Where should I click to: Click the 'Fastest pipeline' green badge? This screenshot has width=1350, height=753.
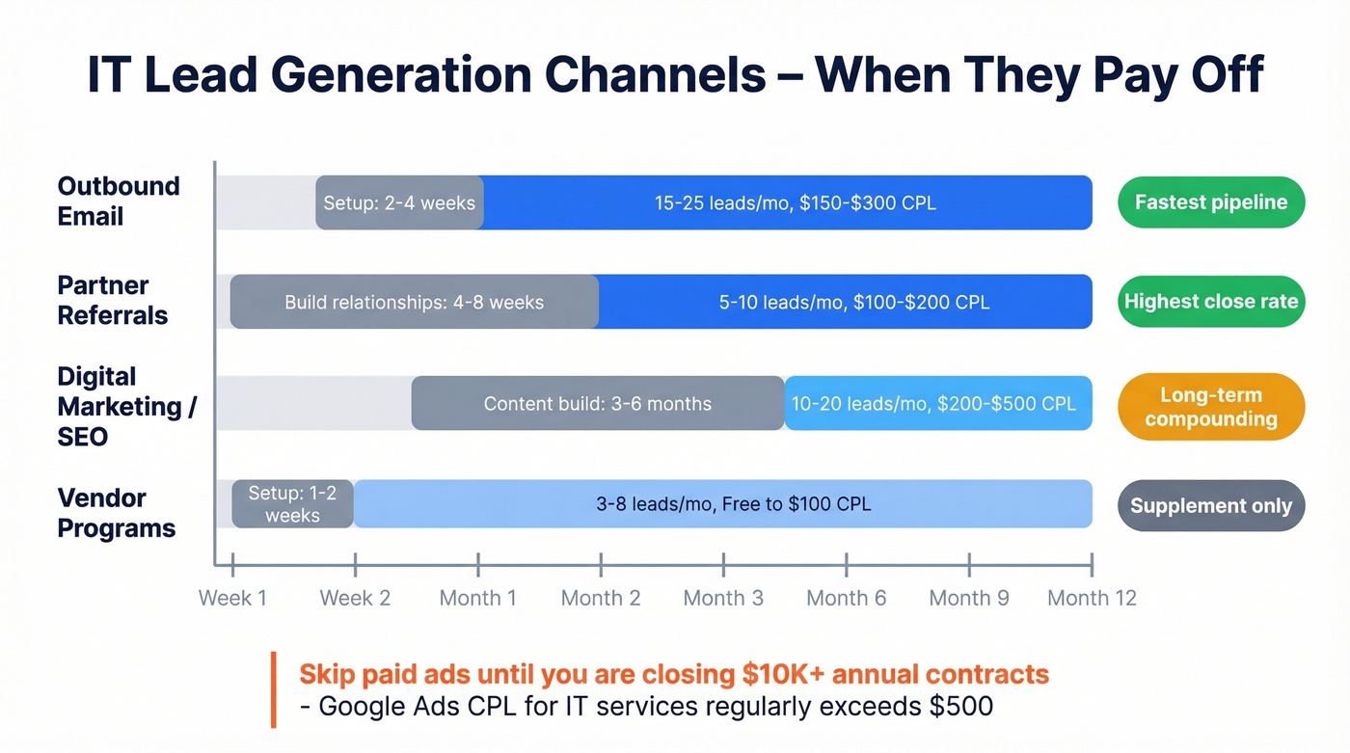(1210, 202)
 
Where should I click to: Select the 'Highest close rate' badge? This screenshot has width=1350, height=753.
(1210, 302)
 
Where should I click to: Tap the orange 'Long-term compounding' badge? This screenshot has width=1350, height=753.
(1210, 407)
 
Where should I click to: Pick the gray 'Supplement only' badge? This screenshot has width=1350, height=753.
(1210, 506)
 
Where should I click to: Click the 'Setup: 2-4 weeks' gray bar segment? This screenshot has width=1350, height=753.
(399, 202)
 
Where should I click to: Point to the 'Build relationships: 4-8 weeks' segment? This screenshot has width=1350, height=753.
(414, 302)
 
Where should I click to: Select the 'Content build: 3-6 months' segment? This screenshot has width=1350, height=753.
(597, 403)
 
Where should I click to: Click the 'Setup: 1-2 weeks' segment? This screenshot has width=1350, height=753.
(292, 504)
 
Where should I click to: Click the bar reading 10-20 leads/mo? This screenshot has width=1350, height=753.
(933, 403)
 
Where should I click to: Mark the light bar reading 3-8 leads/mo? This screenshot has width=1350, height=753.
(733, 504)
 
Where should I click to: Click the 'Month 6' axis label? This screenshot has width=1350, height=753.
(846, 598)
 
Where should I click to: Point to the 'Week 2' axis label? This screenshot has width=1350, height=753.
(355, 598)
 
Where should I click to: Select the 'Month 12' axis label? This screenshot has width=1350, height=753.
(1092, 598)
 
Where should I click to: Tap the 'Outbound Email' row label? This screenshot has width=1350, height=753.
(118, 201)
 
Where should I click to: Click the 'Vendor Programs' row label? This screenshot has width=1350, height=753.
(116, 513)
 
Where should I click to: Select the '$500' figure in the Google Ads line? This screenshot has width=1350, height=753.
(960, 706)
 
